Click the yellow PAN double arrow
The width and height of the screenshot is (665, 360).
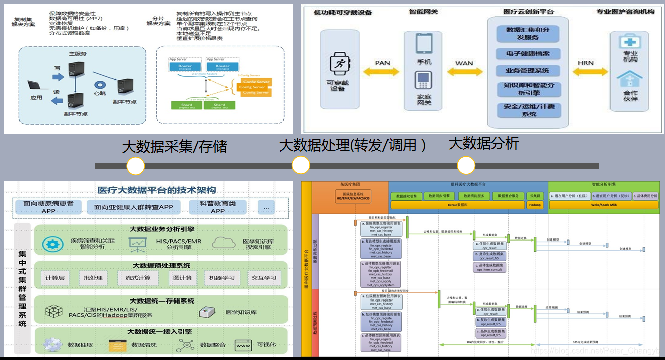tap(383, 72)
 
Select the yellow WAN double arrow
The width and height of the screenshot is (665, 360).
tap(464, 72)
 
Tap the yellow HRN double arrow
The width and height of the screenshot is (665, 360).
tap(585, 72)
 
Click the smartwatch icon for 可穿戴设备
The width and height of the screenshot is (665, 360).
tap(338, 65)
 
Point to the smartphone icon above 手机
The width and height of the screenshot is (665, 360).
tap(424, 43)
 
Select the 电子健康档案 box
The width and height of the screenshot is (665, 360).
tap(528, 53)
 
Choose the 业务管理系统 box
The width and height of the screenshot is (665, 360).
tap(528, 70)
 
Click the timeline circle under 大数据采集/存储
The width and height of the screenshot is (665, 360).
tap(136, 166)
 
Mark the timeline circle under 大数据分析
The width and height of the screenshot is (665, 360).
tap(466, 165)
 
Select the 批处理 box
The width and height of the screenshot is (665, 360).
tap(93, 278)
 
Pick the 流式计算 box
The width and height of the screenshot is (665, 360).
tap(138, 278)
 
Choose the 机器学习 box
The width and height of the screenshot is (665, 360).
tap(223, 278)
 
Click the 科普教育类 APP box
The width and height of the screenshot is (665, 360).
tap(217, 207)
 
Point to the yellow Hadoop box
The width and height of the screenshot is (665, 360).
tap(535, 205)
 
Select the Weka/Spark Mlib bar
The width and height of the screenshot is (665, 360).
tap(604, 205)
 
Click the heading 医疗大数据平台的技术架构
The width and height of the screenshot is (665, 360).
tap(157, 190)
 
